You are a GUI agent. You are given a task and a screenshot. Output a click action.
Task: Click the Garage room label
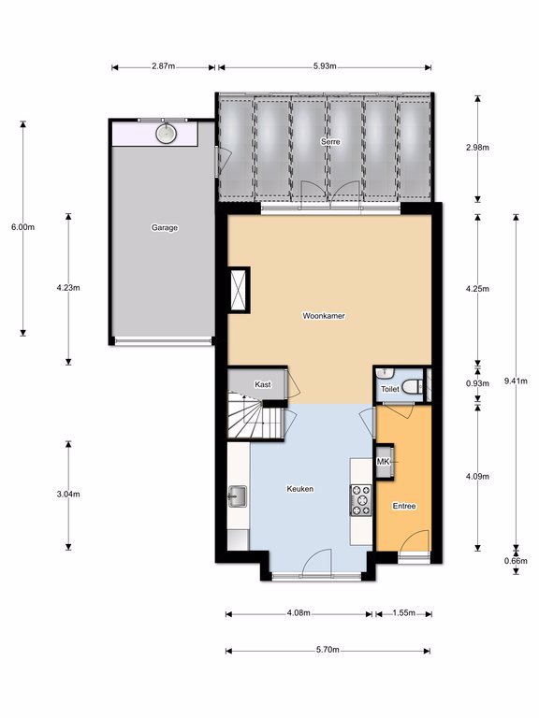[x=165, y=227]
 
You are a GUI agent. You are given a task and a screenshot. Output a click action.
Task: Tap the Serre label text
[x=330, y=142]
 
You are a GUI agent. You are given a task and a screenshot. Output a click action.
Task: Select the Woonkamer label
[x=324, y=316]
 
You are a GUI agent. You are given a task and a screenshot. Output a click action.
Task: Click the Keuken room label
[x=300, y=489]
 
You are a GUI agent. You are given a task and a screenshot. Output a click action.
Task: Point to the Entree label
[x=404, y=506]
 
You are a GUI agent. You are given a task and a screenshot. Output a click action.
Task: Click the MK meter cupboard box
[x=385, y=462]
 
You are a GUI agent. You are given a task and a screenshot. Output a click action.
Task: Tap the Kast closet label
[x=263, y=384]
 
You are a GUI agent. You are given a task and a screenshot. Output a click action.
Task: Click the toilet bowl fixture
[x=413, y=386]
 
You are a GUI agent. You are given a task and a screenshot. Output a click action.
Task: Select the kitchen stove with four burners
[x=360, y=500]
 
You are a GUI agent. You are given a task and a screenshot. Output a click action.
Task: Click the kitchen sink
[x=238, y=496]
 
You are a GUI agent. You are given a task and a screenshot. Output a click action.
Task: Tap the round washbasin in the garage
[x=166, y=134]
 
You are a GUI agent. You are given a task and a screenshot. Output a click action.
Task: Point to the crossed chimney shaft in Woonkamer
[x=239, y=291]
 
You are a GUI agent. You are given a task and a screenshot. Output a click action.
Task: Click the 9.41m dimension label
[x=516, y=381]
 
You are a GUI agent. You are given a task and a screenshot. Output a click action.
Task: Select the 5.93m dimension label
[x=325, y=66]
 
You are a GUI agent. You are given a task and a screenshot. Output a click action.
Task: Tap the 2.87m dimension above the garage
[x=164, y=66]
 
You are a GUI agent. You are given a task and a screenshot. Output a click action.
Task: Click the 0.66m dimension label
[x=516, y=561]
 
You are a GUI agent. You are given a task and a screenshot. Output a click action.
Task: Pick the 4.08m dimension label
[x=299, y=612]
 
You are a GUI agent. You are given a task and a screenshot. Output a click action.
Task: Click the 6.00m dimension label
[x=22, y=227]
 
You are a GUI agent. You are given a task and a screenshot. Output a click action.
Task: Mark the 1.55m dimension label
[x=404, y=612]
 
